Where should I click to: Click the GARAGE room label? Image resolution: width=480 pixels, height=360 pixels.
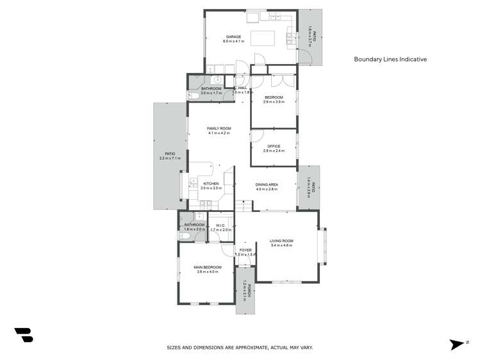point(233,37)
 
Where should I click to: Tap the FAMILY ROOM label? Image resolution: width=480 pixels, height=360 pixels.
point(219,129)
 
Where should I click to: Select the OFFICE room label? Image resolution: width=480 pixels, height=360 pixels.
point(274,147)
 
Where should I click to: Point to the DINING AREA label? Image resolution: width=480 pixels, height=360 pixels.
point(267,184)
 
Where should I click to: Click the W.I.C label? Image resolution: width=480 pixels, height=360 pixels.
point(219,225)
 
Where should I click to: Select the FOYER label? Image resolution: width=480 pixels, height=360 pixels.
point(245,250)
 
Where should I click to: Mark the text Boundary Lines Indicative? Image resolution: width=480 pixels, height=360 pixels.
point(390,59)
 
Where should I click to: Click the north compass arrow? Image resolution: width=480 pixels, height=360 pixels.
point(457,345)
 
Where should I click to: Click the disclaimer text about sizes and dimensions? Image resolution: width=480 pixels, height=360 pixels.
point(240,347)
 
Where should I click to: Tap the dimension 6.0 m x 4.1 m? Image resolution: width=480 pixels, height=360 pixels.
point(234,41)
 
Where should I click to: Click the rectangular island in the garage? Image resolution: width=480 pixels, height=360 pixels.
point(263,38)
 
